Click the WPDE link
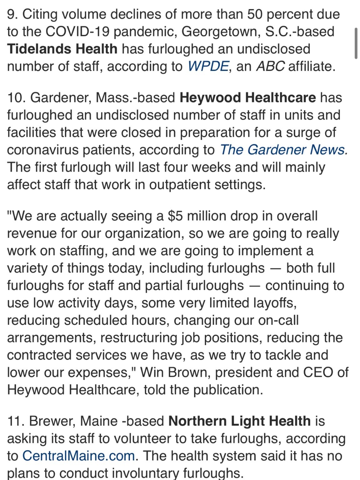tap(208, 66)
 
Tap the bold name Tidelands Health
tap(62, 49)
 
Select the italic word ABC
tap(270, 66)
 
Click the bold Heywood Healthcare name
tap(248, 98)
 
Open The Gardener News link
tap(284, 150)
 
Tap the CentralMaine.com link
tap(78, 455)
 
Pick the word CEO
tap(318, 372)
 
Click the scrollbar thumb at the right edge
tap(356, 43)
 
